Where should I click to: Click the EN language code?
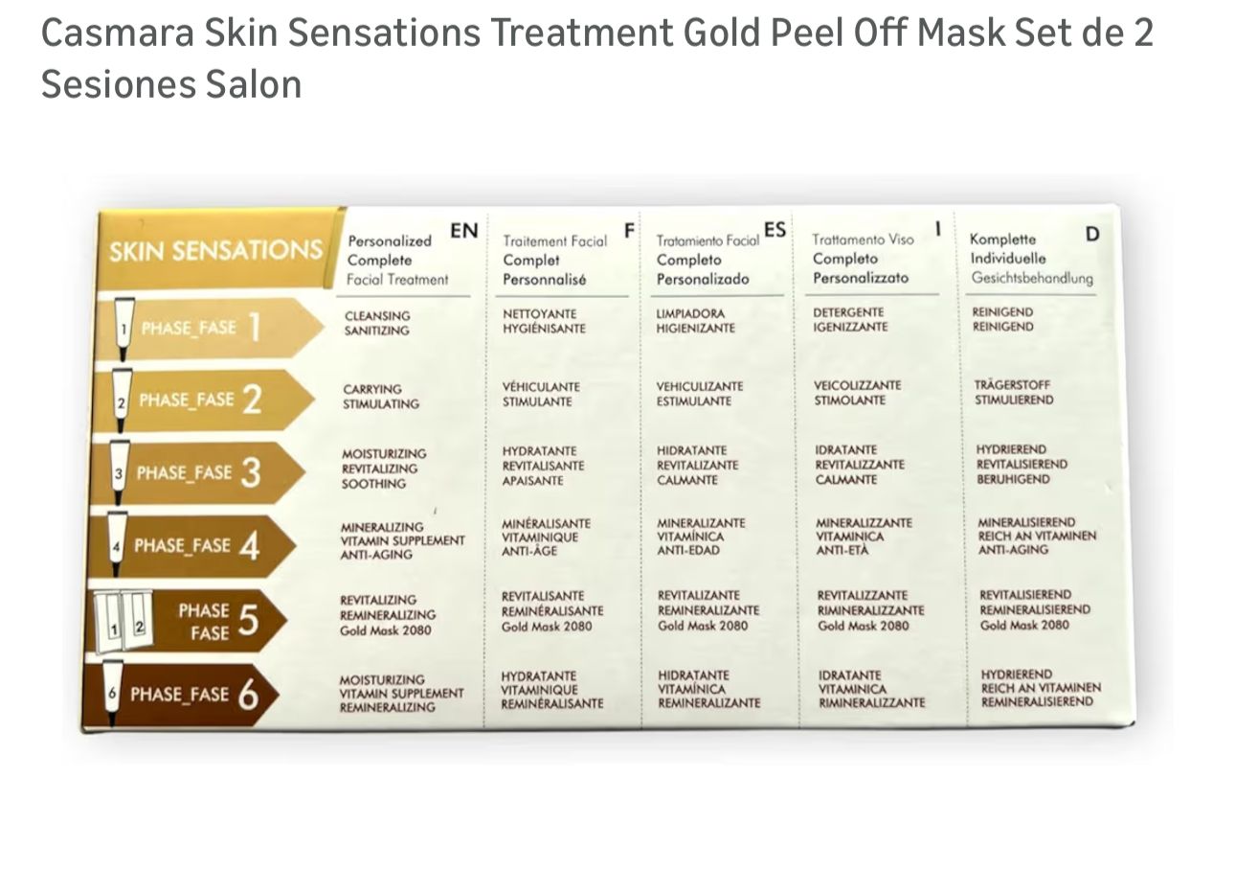463,231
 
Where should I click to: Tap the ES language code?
775,229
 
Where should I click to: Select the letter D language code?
1092,234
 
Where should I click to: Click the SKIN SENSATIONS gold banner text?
215,250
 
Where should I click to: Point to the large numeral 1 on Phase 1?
254,327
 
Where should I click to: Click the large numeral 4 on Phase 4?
249,546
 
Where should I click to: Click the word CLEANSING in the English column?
377,316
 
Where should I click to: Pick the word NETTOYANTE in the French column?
539,314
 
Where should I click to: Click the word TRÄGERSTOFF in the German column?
1012,384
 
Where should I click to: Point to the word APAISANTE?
532,481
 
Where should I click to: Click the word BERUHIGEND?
1013,479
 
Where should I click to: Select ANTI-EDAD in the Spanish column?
688,550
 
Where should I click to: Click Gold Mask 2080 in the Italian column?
863,626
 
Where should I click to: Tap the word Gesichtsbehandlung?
1032,278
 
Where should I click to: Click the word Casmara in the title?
118,33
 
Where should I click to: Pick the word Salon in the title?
254,84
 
